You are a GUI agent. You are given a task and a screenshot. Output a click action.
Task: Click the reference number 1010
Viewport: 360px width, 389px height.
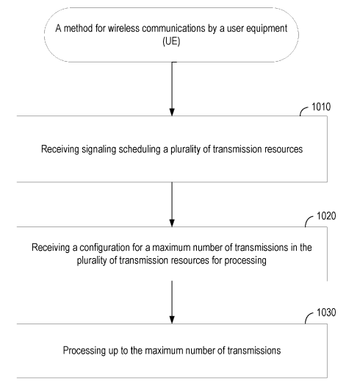[x=321, y=107]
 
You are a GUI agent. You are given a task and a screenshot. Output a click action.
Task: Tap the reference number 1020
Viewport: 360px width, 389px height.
[x=326, y=216]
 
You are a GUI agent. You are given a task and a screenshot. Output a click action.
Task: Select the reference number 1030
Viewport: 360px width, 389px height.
[x=326, y=313]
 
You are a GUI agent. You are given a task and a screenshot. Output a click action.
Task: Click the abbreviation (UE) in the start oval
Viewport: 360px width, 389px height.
[x=171, y=41]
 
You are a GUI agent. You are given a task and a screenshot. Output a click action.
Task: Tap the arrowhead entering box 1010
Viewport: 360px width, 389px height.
[x=172, y=112]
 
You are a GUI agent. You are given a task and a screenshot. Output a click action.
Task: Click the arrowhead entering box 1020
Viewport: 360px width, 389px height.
[x=172, y=223]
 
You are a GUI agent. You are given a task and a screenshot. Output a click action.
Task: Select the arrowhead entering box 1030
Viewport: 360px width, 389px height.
[x=172, y=320]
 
